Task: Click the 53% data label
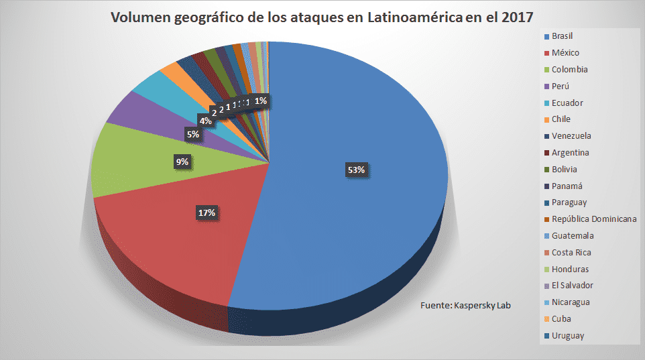click(x=356, y=170)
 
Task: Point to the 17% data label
click(x=206, y=213)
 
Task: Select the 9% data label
click(x=182, y=162)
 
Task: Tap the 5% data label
click(x=193, y=135)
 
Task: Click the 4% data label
click(x=204, y=121)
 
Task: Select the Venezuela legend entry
click(x=571, y=136)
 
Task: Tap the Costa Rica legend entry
click(x=571, y=253)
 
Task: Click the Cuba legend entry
click(x=561, y=319)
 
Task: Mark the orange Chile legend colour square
click(x=547, y=120)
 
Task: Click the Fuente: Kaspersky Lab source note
click(x=465, y=306)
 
